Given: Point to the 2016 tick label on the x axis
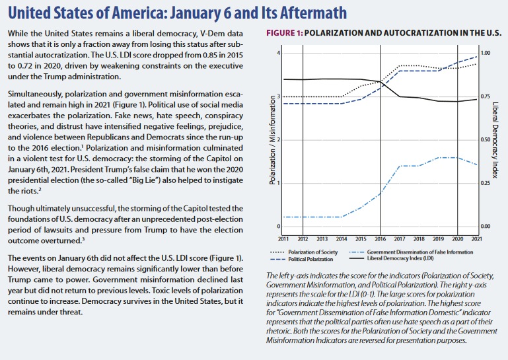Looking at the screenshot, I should (380, 238).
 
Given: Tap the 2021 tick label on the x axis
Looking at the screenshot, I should (476, 238).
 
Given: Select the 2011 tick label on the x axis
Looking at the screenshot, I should (283, 238).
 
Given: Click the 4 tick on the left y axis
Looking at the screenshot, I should (279, 54).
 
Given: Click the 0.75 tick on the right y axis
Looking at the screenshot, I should (486, 96).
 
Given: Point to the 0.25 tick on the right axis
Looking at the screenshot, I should (486, 183).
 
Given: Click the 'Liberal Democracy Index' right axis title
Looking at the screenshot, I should (495, 140).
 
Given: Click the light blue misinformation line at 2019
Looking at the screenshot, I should (437, 158).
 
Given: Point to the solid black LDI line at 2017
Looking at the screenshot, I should (399, 96).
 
